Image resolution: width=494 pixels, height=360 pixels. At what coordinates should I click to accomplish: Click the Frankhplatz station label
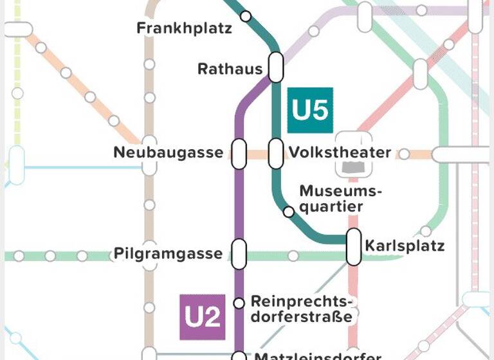[184, 29]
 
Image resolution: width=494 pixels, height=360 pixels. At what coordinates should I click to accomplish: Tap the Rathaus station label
[230, 69]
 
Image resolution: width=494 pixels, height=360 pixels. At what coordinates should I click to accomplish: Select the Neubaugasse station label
[168, 153]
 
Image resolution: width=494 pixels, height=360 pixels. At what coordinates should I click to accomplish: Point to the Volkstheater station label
[340, 153]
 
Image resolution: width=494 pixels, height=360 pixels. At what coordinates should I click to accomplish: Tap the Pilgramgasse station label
[168, 253]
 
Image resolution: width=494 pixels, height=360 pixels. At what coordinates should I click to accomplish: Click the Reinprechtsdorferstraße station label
[302, 309]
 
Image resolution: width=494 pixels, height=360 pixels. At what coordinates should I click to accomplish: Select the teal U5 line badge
[310, 110]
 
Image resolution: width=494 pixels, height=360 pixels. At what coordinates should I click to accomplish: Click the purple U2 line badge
[203, 317]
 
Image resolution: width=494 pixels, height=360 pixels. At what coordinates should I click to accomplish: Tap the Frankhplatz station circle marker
[246, 16]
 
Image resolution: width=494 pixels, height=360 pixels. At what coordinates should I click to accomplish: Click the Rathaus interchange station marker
[276, 67]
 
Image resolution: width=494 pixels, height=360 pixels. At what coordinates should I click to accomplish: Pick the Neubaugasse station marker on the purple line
[239, 154]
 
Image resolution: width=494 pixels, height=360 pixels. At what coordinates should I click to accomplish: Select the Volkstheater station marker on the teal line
[276, 154]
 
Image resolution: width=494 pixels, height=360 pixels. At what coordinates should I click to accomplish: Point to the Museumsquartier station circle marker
[289, 212]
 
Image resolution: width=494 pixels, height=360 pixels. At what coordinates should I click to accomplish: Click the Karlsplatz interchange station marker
[353, 246]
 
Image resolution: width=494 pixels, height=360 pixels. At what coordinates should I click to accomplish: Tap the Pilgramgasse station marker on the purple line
[239, 253]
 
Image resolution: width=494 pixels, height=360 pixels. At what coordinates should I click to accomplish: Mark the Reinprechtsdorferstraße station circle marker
[239, 303]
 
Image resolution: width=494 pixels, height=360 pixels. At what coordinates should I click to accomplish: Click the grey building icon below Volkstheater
[353, 166]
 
